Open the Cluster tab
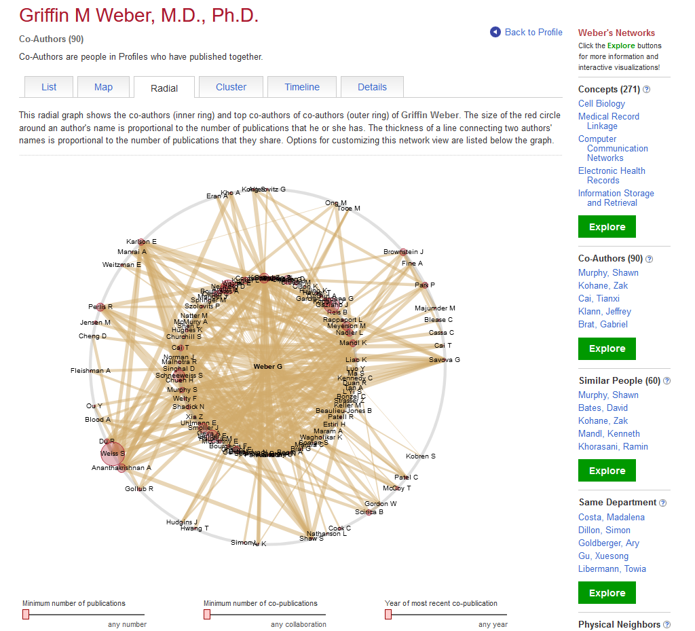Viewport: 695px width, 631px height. [231, 87]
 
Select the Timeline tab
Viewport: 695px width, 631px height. [302, 87]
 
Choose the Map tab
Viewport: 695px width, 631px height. [103, 87]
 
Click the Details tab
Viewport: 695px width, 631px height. [372, 87]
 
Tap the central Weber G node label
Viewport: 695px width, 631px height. [267, 367]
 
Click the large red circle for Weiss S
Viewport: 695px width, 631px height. [112, 452]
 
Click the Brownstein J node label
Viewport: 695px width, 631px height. [403, 252]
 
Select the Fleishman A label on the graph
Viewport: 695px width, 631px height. [90, 371]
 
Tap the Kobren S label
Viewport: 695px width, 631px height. [421, 456]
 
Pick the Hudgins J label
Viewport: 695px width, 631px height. [182, 522]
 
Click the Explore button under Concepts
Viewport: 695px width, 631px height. [607, 227]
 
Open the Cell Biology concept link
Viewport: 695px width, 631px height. [601, 104]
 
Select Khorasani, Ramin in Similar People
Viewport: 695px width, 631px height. [613, 446]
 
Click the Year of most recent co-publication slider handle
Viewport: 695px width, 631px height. [388, 614]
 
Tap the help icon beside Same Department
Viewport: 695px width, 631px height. [662, 503]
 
